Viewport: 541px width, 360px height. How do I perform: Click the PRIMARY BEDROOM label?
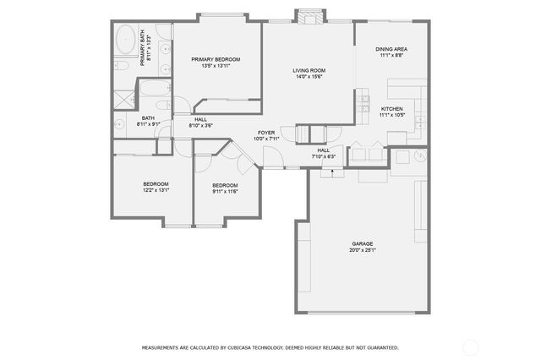(x=216, y=59)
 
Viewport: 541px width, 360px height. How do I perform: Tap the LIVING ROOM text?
(x=309, y=70)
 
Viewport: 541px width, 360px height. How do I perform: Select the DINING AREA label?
(x=392, y=49)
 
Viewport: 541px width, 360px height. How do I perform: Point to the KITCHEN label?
(x=391, y=109)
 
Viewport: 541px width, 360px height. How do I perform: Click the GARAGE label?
(x=363, y=243)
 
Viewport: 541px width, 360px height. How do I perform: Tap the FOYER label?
(x=266, y=133)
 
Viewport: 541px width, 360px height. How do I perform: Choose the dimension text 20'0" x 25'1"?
(x=363, y=250)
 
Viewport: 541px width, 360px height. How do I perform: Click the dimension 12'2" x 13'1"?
(x=156, y=191)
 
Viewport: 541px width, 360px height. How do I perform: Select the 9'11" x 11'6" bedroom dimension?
(x=225, y=192)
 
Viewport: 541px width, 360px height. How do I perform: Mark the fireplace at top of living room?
(x=309, y=17)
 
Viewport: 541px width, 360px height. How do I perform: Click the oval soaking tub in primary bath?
(x=125, y=37)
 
